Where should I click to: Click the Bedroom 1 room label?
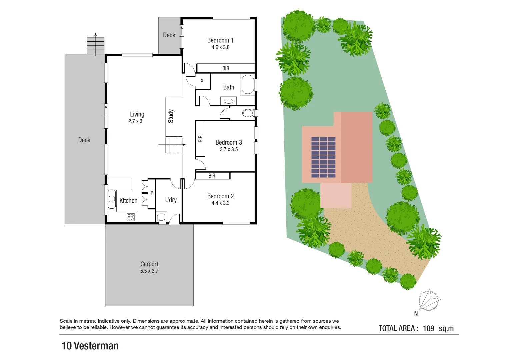[x=220, y=40]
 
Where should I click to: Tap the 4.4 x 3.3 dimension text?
[x=220, y=203]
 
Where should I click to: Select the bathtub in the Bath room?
[x=247, y=84]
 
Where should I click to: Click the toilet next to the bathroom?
[x=248, y=113]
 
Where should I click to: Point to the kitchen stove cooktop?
[x=131, y=217]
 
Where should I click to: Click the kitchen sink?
[x=112, y=199]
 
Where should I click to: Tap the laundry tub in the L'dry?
[x=161, y=217]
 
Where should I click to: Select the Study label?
[x=171, y=116]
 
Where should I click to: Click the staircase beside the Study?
[x=174, y=144]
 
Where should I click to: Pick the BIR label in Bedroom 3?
[x=200, y=139]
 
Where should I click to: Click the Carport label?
[x=149, y=264]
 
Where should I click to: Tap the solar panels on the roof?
[x=323, y=157]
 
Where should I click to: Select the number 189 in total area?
[x=428, y=328]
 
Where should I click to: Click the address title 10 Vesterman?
[x=90, y=346]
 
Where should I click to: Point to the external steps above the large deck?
[x=96, y=45]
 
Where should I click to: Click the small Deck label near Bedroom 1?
[x=169, y=35]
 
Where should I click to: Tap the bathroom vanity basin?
[x=229, y=101]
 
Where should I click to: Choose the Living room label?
[x=137, y=114]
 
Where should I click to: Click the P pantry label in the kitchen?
[x=152, y=193]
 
